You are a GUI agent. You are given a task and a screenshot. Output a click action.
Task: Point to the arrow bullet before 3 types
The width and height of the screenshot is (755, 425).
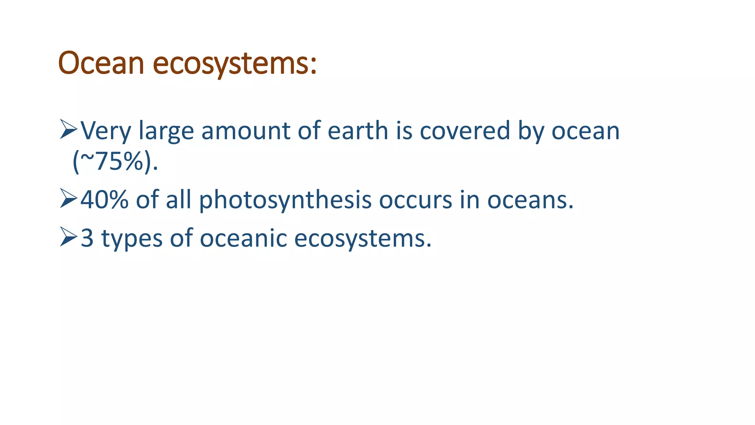point(69,237)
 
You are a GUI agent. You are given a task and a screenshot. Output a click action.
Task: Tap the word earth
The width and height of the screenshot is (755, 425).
point(358,131)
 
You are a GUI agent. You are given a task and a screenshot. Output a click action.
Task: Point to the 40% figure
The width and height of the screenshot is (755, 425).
point(104,200)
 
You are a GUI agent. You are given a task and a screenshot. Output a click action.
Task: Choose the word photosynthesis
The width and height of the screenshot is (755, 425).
point(285,200)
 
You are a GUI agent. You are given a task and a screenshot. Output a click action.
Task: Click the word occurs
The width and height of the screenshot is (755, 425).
point(415,200)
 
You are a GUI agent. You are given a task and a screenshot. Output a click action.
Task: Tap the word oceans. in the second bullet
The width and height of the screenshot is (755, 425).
point(530,200)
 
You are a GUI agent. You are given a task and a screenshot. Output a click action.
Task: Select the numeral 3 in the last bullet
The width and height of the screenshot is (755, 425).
point(87,238)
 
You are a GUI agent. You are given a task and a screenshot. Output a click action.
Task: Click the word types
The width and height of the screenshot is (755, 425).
point(132,239)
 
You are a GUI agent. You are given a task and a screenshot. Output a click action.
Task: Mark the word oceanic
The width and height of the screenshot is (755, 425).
point(243,238)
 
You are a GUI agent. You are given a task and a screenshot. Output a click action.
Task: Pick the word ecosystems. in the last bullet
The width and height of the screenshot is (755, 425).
point(362,239)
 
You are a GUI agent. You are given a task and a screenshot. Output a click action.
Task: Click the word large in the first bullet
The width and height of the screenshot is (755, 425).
point(166,132)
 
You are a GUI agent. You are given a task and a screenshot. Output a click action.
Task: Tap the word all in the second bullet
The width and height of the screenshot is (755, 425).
point(178,200)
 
